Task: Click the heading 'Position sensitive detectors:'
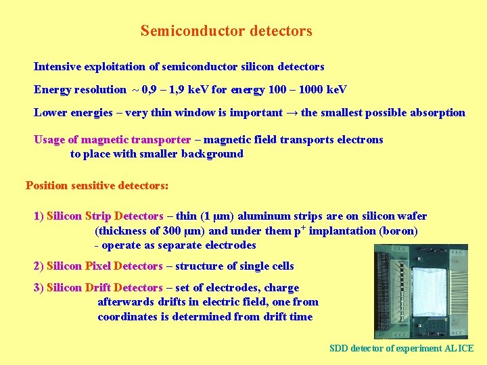click(97, 185)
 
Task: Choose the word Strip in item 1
click(99, 216)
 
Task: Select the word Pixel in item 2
click(98, 266)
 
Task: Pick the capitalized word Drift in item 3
click(99, 287)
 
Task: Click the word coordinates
click(127, 316)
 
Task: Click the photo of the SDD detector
click(421, 291)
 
